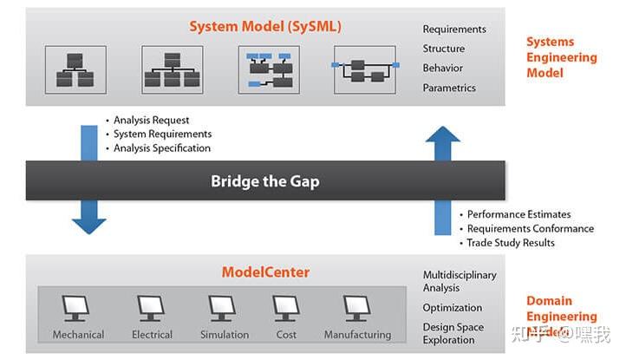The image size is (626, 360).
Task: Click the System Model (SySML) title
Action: click(x=265, y=27)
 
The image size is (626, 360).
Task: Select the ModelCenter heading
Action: click(x=265, y=272)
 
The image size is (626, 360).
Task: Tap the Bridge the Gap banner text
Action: click(x=265, y=181)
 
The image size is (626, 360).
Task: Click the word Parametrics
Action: click(x=449, y=88)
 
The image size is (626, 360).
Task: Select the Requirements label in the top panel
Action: click(x=454, y=29)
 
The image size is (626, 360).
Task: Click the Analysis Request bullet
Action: click(x=151, y=120)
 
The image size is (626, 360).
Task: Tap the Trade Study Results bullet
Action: click(x=510, y=242)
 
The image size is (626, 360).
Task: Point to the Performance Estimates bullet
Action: click(x=518, y=214)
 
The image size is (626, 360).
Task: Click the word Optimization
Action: click(x=453, y=307)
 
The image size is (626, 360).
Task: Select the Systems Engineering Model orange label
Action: click(x=561, y=57)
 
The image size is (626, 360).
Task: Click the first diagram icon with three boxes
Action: click(x=75, y=70)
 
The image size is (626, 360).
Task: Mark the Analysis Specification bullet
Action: click(x=161, y=147)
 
